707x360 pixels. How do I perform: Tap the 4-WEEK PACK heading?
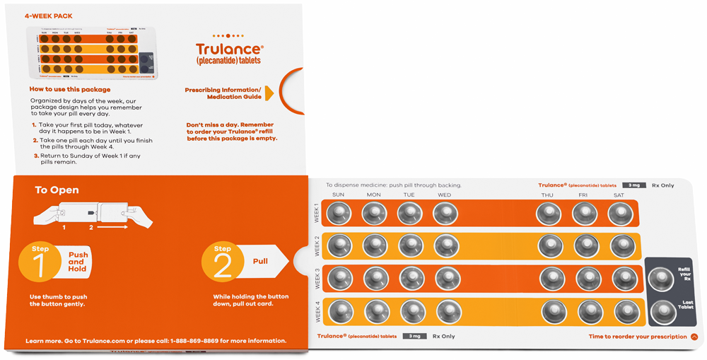tap(48, 16)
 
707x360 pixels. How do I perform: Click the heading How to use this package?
tap(70, 90)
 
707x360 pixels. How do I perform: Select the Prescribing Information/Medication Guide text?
tap(223, 93)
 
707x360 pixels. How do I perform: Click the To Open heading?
tap(57, 190)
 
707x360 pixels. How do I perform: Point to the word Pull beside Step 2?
tap(260, 262)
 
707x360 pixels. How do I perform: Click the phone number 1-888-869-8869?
tap(195, 341)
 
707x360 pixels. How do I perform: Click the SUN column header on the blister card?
tap(338, 195)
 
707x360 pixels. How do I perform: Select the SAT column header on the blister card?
tap(619, 195)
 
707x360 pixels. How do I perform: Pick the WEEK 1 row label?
tap(316, 213)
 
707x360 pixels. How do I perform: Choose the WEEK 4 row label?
tap(316, 312)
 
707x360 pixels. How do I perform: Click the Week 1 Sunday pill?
tap(339, 213)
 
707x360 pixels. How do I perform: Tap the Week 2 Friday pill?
tap(586, 245)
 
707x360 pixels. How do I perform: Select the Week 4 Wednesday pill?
tap(448, 311)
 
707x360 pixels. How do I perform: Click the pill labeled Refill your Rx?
tap(661, 279)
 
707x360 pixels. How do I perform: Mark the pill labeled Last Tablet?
tap(663, 310)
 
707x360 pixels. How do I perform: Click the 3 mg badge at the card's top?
tap(634, 185)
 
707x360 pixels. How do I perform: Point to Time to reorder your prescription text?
tap(637, 337)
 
